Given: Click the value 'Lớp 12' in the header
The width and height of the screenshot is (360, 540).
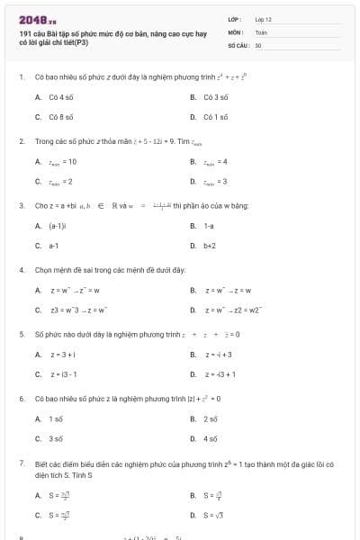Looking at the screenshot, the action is click(x=263, y=19).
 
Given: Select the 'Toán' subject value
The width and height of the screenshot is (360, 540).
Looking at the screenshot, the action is click(x=261, y=31).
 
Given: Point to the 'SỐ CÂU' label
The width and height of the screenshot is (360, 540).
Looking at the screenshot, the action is click(x=238, y=44).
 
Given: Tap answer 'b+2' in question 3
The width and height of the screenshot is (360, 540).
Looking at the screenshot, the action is click(x=210, y=245).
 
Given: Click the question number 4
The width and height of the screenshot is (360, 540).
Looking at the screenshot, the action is click(x=21, y=270).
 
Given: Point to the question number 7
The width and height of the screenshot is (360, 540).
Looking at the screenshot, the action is click(x=21, y=463).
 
